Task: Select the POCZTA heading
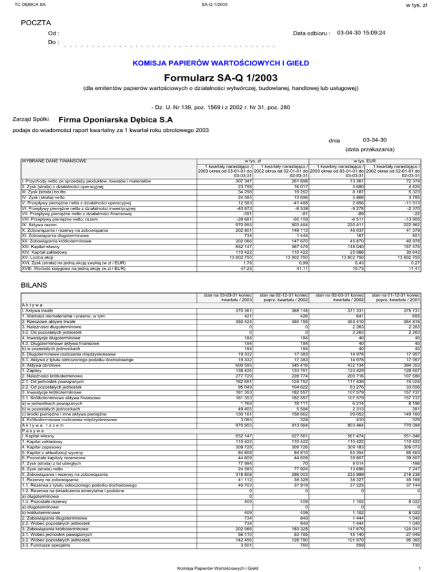click(36, 22)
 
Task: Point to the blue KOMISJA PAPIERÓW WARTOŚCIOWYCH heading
click(222, 62)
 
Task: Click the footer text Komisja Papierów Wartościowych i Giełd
click(221, 566)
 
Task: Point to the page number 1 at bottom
click(422, 566)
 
